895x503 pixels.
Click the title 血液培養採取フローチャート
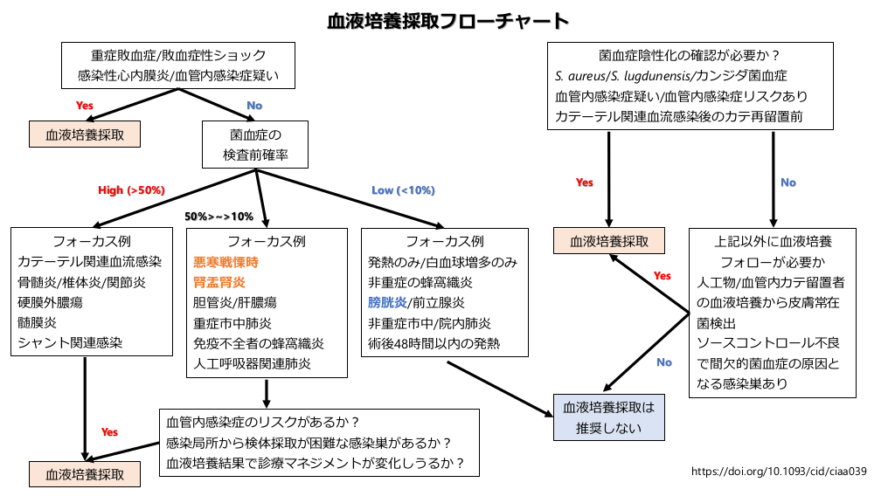447,20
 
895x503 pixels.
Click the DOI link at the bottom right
779,472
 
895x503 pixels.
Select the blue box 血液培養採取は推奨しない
609,417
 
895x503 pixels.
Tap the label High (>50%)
131,190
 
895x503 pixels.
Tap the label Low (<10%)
403,190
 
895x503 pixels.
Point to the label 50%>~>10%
219,216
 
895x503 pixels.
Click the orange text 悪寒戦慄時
226,261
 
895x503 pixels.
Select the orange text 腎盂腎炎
219,282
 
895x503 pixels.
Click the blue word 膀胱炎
387,303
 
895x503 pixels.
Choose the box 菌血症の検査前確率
256,146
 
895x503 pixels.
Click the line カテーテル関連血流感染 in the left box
90,261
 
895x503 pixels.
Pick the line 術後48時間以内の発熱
434,343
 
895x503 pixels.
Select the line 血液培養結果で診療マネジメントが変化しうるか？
315,462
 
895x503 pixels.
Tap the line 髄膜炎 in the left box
38,322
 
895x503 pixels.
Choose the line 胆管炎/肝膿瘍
234,303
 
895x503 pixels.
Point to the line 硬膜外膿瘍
51,302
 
